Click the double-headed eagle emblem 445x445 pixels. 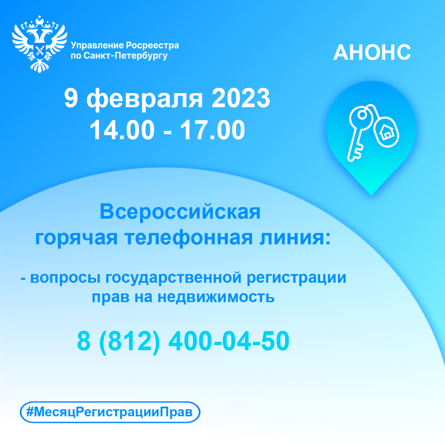(x=39, y=44)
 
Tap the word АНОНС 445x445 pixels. (x=372, y=52)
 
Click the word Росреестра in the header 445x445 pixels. (x=153, y=45)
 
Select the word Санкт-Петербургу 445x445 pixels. (x=126, y=56)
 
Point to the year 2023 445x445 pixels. (x=241, y=98)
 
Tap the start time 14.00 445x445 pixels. (x=122, y=130)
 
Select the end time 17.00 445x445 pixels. (x=212, y=130)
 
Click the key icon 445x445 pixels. (x=360, y=134)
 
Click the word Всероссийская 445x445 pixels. (x=180, y=212)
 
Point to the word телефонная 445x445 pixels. (x=189, y=238)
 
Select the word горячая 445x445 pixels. (x=76, y=239)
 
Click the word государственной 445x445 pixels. (x=174, y=277)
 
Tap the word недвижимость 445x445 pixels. (x=216, y=297)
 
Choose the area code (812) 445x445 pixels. (x=130, y=341)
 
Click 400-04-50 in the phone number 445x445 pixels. (x=229, y=341)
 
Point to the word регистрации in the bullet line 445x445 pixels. (x=296, y=277)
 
